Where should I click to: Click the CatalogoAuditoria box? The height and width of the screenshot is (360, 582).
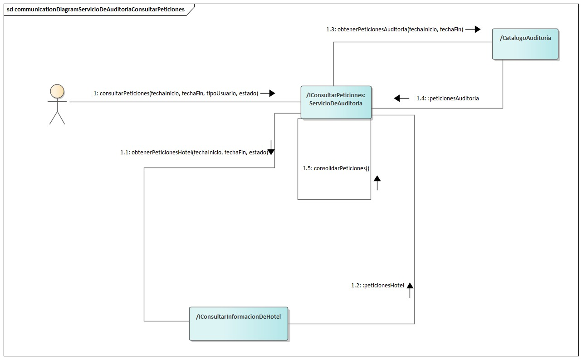point(525,44)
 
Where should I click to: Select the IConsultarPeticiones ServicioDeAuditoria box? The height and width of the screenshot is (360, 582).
point(336,102)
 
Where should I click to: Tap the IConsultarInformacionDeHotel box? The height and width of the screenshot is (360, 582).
point(239,324)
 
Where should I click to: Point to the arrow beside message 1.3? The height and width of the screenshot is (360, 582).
point(473,30)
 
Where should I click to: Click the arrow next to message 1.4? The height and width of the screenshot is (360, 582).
point(401,98)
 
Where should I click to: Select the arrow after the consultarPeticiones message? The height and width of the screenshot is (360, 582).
point(268,94)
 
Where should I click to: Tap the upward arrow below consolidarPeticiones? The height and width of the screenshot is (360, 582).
point(377,183)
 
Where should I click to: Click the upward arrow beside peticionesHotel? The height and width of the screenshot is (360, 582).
point(410,289)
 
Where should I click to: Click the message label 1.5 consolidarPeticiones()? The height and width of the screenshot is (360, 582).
point(336,168)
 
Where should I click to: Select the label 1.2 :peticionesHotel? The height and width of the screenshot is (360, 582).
point(377,286)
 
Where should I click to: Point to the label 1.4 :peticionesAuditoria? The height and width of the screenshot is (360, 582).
point(447,98)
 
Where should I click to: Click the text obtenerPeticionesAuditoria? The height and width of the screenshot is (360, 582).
point(372,30)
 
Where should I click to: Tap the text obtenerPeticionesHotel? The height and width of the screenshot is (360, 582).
point(161,153)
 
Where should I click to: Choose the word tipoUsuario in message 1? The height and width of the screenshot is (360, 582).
point(220,94)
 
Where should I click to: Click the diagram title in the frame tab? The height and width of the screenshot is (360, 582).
point(96,10)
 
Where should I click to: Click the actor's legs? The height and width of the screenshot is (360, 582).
point(57,117)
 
